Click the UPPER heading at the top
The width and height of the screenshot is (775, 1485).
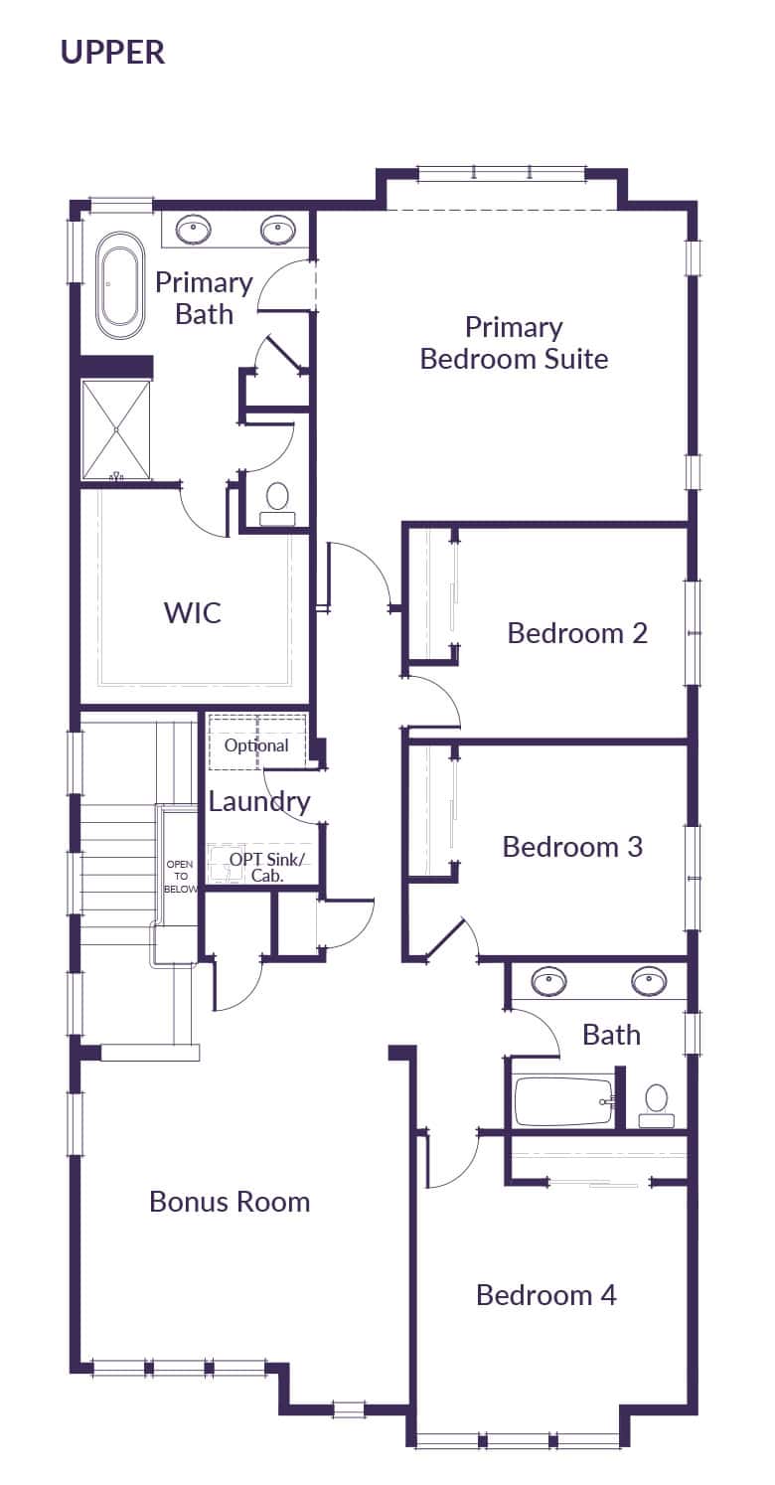click(x=112, y=52)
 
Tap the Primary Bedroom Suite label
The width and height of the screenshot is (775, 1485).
click(x=514, y=343)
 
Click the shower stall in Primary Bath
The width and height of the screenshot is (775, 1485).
click(x=116, y=429)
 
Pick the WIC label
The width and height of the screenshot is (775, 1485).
click(x=193, y=612)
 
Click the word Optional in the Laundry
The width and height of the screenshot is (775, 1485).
click(x=256, y=745)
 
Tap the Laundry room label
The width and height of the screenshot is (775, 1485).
click(x=258, y=801)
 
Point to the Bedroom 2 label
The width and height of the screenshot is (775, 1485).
click(x=577, y=633)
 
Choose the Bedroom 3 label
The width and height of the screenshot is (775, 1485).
click(x=572, y=847)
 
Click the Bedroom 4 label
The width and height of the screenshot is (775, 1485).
click(x=545, y=1295)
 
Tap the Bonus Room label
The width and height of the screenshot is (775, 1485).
click(x=230, y=1202)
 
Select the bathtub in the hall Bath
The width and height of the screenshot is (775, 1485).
click(x=563, y=1101)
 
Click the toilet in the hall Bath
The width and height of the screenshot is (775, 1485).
click(x=656, y=1104)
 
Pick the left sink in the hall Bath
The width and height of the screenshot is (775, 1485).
click(x=547, y=982)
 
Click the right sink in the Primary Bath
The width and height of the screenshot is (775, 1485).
click(x=278, y=231)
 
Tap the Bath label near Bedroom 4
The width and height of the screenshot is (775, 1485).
click(x=611, y=1035)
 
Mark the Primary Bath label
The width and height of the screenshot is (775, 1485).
click(x=204, y=298)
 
